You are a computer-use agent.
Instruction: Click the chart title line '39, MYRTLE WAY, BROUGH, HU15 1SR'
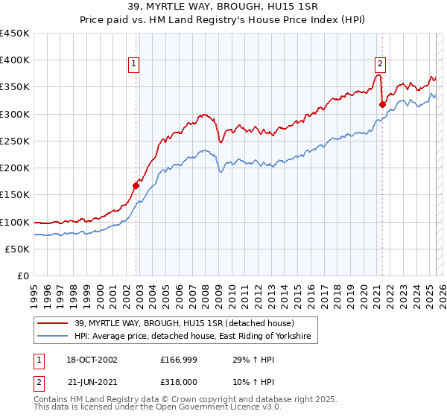pyautogui.click(x=223, y=7)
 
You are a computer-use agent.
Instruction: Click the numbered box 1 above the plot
pyautogui.click(x=134, y=64)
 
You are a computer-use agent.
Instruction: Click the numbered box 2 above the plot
pyautogui.click(x=380, y=64)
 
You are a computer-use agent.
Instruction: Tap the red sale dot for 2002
pyautogui.click(x=136, y=185)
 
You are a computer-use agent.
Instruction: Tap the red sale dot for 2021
pyautogui.click(x=382, y=104)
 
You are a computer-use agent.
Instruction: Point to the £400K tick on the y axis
pyautogui.click(x=15, y=60)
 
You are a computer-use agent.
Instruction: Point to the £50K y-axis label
pyautogui.click(x=18, y=249)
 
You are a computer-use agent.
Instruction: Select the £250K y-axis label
pyautogui.click(x=15, y=141)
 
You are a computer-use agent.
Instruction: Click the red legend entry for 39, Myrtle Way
pyautogui.click(x=185, y=323)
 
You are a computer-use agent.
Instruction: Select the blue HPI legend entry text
pyautogui.click(x=196, y=337)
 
